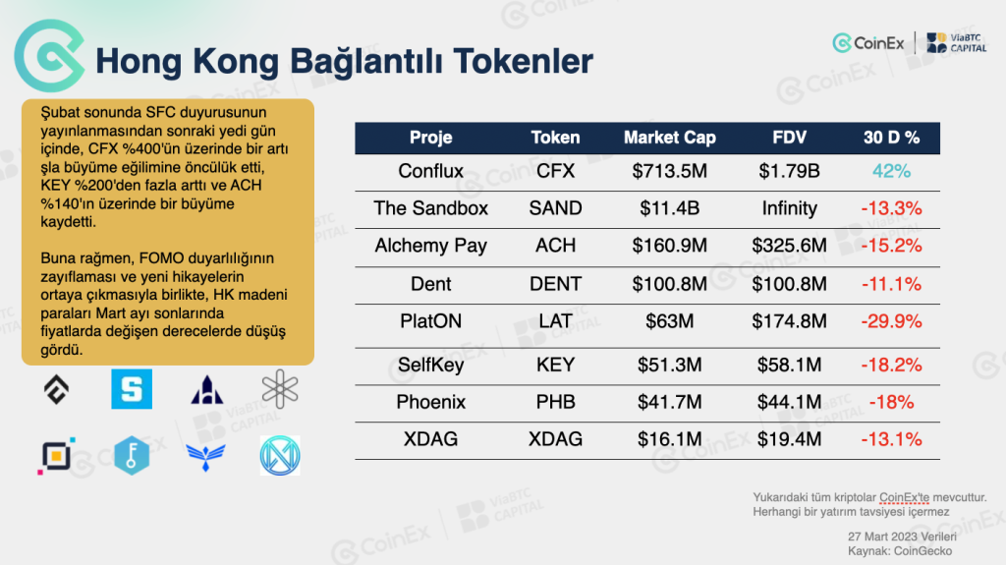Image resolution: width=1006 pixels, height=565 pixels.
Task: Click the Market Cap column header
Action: [669, 138]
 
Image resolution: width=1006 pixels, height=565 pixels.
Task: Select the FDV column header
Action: [789, 138]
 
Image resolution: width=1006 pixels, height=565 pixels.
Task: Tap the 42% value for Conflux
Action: [891, 171]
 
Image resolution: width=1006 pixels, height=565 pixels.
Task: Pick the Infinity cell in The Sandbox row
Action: [789, 208]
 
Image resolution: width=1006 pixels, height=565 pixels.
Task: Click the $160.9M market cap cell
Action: [669, 246]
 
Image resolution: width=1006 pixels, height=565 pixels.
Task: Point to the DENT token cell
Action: [555, 284]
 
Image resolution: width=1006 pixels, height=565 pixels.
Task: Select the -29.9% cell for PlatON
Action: [891, 321]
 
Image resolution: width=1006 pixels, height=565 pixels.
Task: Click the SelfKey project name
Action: [430, 365]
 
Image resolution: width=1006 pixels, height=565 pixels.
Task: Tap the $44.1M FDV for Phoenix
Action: [789, 402]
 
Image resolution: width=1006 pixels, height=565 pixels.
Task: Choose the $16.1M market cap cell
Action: [669, 439]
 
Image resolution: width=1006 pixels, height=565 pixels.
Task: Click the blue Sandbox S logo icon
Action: [132, 389]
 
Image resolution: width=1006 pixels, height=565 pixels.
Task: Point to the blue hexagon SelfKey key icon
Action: [132, 455]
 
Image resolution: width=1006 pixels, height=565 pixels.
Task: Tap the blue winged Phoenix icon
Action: [205, 457]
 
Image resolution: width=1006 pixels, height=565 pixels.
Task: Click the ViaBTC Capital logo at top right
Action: [957, 43]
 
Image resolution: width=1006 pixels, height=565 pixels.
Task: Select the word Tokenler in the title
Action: [523, 62]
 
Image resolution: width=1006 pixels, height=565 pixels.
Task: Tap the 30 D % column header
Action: [891, 138]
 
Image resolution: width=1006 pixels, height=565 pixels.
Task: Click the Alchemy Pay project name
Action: [430, 246]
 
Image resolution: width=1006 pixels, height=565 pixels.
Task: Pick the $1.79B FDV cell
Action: [789, 171]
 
